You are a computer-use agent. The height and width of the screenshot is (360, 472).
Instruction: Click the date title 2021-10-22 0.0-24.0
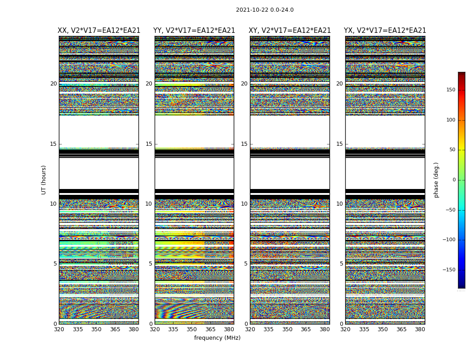265,10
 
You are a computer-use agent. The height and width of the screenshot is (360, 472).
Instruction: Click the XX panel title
99,31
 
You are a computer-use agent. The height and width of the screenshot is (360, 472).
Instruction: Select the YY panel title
194,31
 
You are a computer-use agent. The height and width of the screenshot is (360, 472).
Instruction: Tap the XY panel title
289,31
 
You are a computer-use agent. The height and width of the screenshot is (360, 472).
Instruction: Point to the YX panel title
385,31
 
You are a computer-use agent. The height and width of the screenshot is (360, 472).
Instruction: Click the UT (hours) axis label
44,180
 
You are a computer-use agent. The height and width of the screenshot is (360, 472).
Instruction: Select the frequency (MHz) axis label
217,338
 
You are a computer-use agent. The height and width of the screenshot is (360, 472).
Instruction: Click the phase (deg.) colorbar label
436,180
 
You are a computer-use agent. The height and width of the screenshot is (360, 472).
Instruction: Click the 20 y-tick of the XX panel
53,84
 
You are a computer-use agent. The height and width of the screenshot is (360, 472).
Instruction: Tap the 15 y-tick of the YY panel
149,144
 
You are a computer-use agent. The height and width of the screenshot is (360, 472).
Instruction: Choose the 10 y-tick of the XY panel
244,204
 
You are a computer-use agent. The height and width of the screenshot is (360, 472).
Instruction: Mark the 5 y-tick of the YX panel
341,264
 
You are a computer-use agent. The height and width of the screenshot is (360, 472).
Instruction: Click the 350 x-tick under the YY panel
192,329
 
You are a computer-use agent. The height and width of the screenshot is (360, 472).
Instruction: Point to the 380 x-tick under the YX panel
420,329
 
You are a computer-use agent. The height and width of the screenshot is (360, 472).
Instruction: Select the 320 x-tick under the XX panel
59,329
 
